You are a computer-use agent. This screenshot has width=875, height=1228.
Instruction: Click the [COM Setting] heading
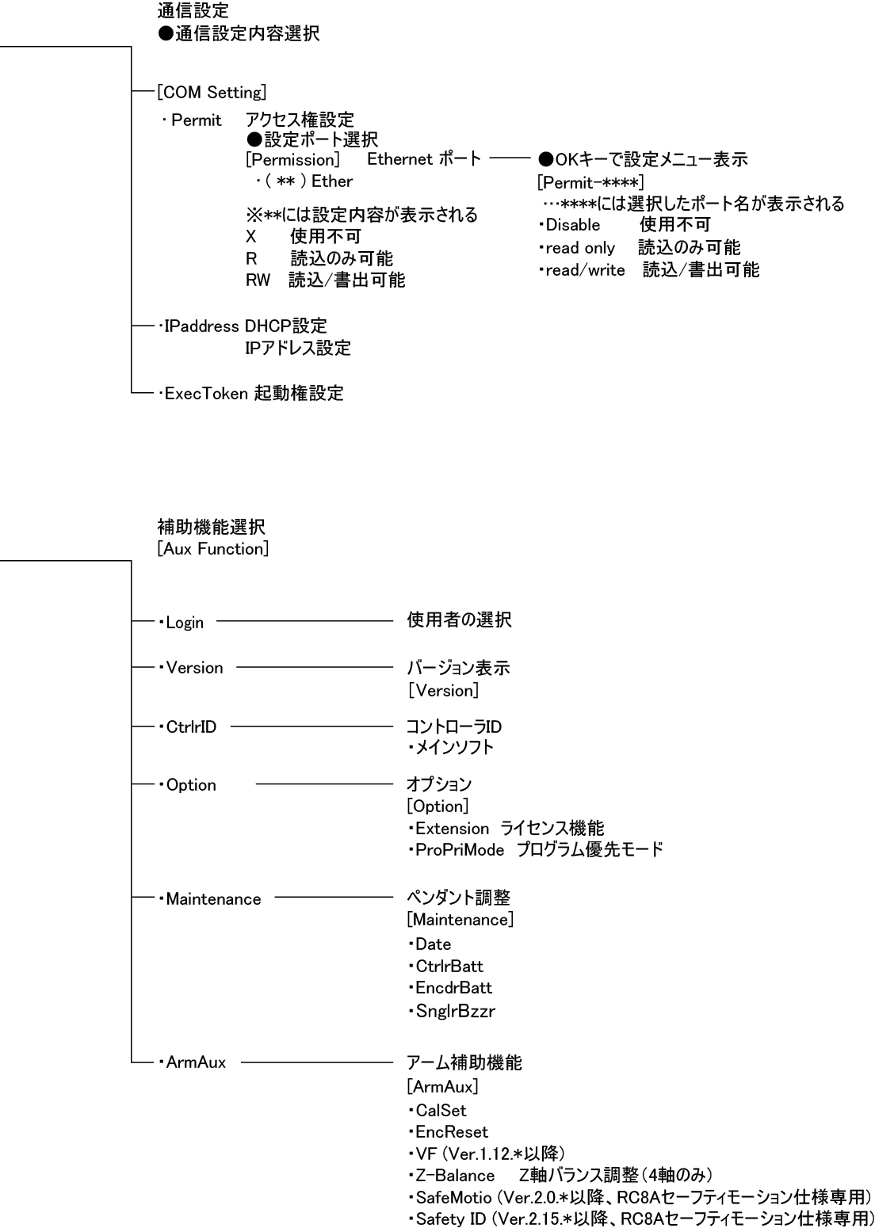coord(212,93)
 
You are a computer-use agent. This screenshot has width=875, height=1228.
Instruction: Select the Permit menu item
coord(196,121)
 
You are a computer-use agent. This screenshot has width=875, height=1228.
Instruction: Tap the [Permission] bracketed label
coord(292,159)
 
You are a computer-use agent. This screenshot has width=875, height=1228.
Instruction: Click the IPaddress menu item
coord(203,326)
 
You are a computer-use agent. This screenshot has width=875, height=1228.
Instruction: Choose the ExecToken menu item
coord(206,393)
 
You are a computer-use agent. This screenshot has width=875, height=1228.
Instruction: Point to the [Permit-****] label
coord(590,182)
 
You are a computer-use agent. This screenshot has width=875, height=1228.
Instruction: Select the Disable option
coord(573,225)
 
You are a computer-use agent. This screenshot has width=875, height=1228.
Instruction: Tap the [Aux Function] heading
coord(213,548)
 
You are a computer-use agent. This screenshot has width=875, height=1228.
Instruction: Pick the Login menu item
coord(185,623)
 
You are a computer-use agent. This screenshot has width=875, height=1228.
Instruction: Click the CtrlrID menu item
coord(191,727)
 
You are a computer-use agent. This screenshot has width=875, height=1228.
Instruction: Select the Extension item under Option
coord(452,829)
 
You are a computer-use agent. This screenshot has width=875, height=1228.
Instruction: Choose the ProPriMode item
coord(460,850)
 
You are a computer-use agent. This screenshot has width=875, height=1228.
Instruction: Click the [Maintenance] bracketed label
coord(460,920)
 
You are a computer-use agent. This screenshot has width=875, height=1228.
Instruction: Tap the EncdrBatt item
coord(453,988)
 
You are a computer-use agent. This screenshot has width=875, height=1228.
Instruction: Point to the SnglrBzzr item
coord(455,1011)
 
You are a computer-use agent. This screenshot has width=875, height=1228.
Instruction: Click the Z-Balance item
coord(455,1175)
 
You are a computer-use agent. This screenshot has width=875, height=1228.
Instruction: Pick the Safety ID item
coord(450,1218)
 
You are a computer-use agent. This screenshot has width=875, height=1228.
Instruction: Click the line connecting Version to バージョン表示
coord(315,668)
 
